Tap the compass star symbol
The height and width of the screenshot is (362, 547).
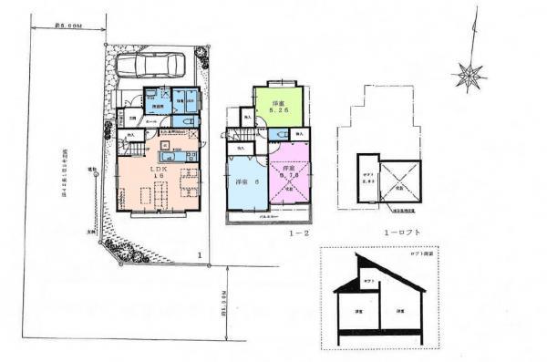click(x=470, y=76)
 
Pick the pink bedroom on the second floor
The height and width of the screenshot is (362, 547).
click(x=291, y=173)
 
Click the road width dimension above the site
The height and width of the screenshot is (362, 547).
click(x=67, y=26)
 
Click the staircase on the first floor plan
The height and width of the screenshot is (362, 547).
click(x=134, y=147)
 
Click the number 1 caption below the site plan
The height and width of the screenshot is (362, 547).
click(x=198, y=254)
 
